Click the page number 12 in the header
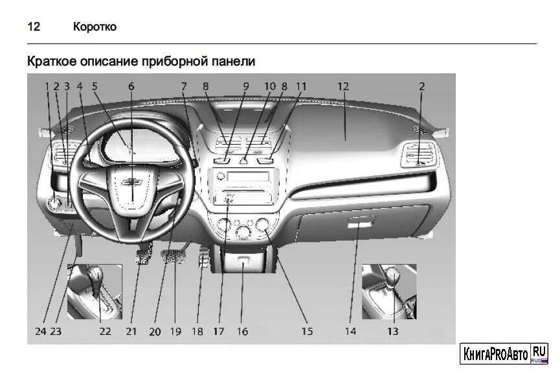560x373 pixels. pyautogui.click(x=34, y=27)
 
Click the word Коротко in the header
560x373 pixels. pyautogui.click(x=95, y=27)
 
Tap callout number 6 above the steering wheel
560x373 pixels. pyautogui.click(x=131, y=86)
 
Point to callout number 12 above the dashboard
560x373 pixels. pyautogui.click(x=343, y=86)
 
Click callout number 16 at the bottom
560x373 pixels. pyautogui.click(x=242, y=331)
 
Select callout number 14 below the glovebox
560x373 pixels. pyautogui.click(x=350, y=331)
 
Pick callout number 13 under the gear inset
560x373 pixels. pyautogui.click(x=392, y=331)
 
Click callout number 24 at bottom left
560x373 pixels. pyautogui.click(x=41, y=331)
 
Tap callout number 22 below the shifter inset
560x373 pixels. pyautogui.click(x=105, y=331)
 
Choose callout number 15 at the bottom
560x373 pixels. pyautogui.click(x=307, y=331)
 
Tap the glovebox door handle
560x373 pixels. pyautogui.click(x=361, y=223)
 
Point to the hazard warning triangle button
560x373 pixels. pyautogui.click(x=245, y=160)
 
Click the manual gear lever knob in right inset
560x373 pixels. pyautogui.click(x=393, y=275)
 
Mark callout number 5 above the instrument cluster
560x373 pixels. pyautogui.click(x=95, y=86)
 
